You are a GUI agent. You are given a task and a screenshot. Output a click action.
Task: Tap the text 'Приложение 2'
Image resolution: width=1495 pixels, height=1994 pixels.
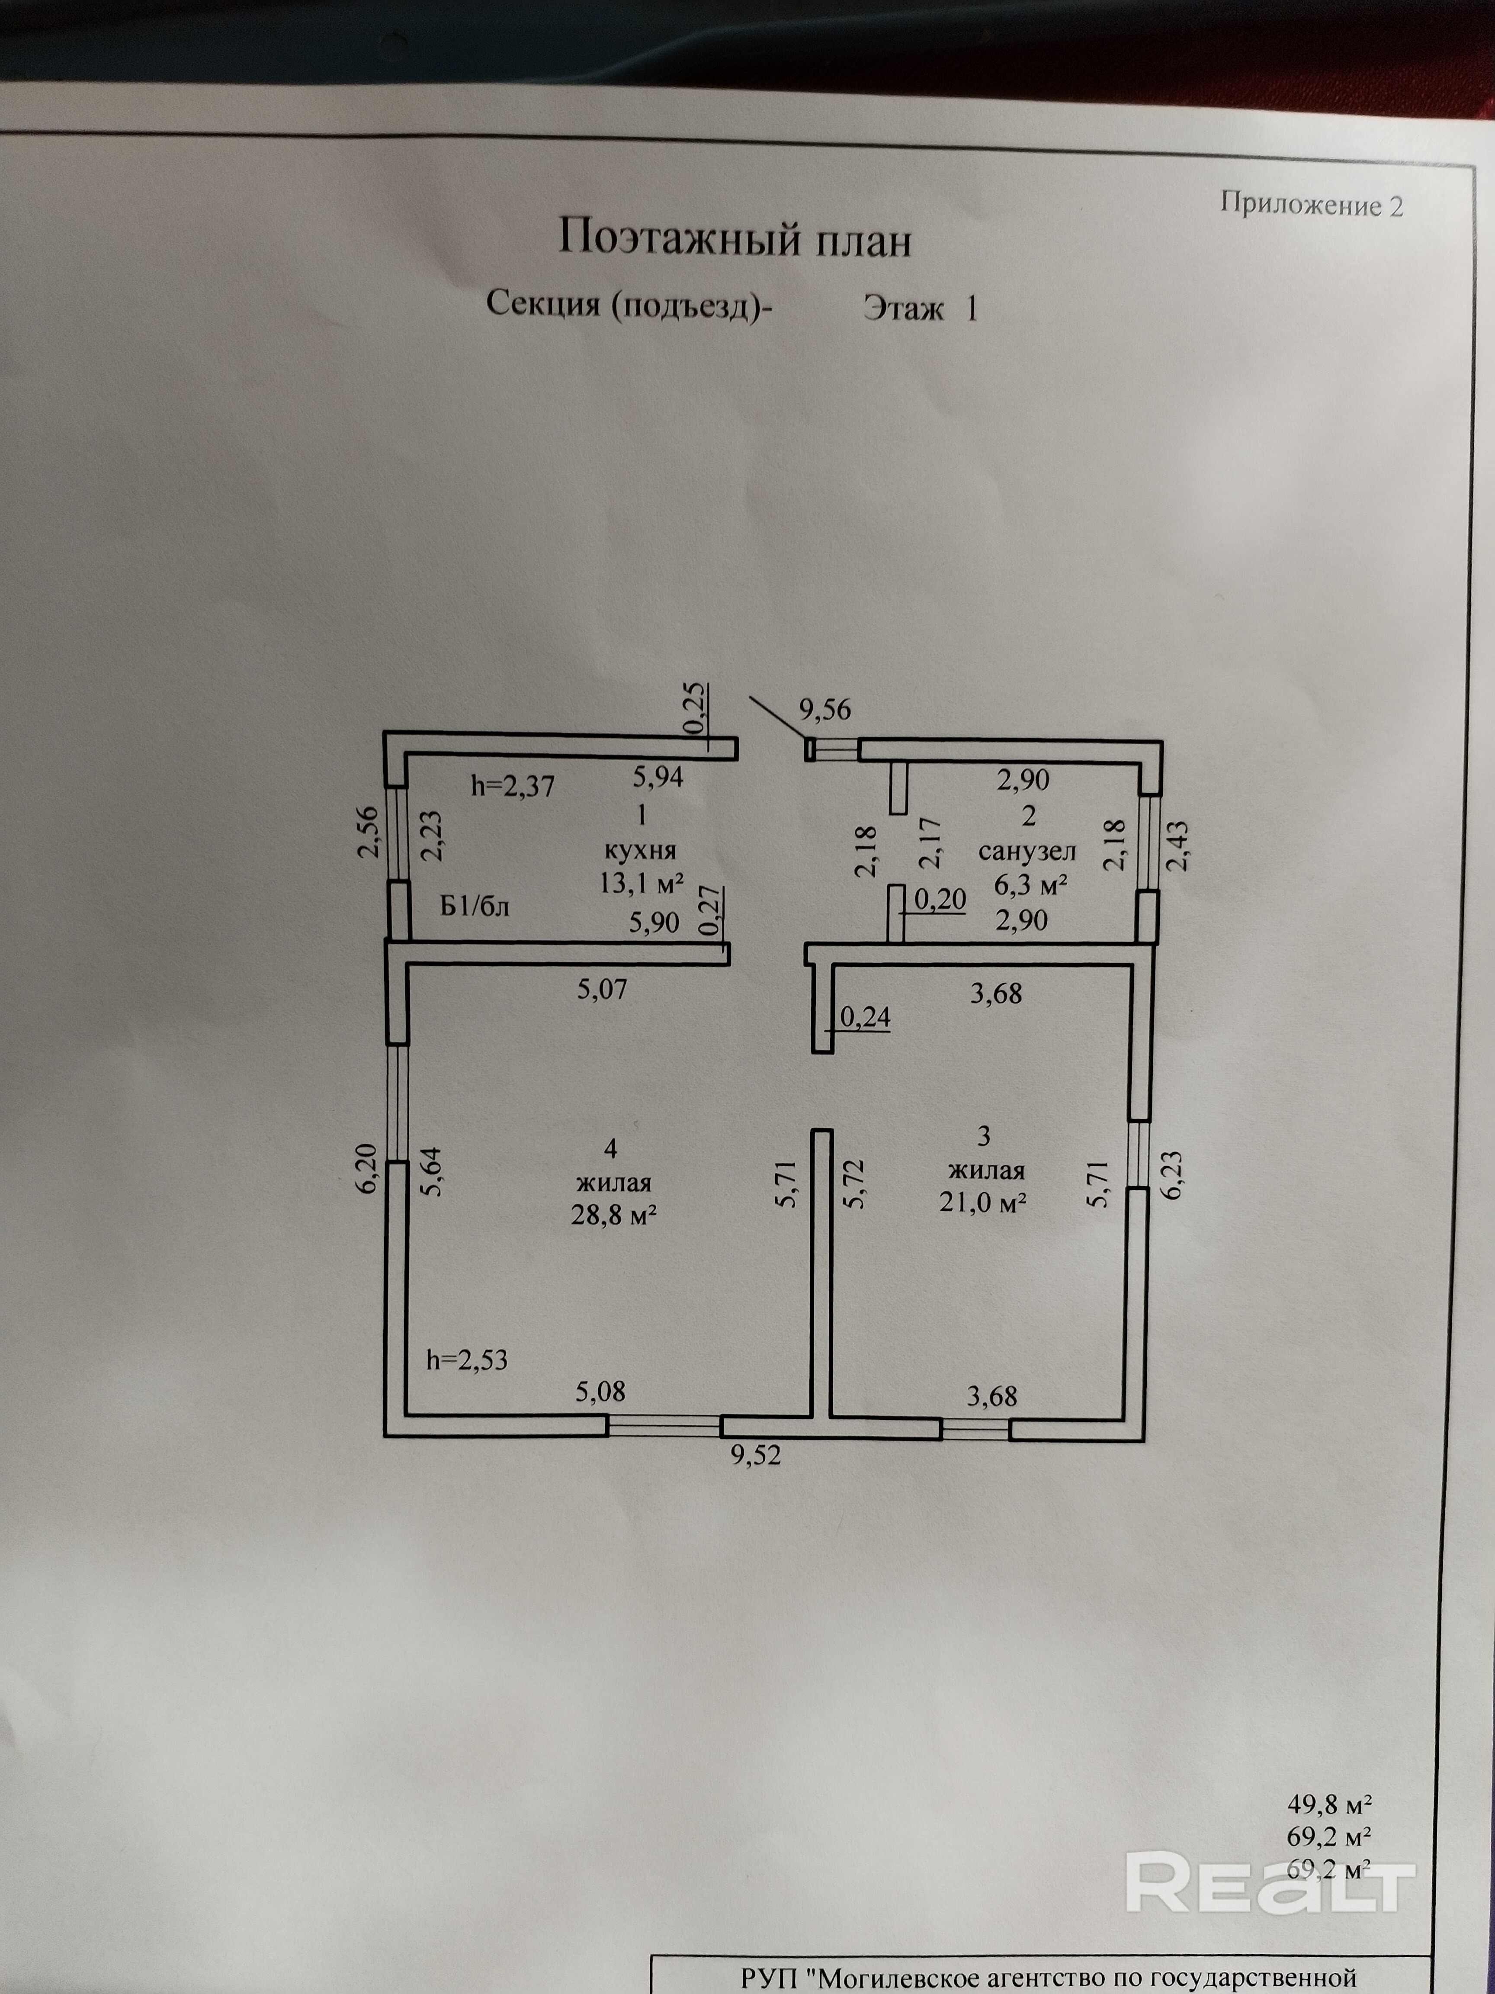click(1311, 205)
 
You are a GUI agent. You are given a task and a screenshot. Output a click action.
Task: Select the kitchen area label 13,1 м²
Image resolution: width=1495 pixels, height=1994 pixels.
click(641, 882)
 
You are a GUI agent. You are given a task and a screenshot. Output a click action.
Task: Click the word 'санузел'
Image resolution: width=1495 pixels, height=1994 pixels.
click(1027, 851)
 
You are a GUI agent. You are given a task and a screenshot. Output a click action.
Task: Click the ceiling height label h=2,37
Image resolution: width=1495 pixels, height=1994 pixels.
click(513, 786)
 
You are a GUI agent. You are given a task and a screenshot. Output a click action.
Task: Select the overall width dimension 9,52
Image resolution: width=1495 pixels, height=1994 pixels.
click(755, 1455)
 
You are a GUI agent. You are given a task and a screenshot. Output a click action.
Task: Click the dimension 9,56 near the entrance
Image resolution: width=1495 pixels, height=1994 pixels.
click(824, 711)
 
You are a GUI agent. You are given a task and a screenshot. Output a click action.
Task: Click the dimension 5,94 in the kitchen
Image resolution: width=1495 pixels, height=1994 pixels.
click(657, 776)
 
